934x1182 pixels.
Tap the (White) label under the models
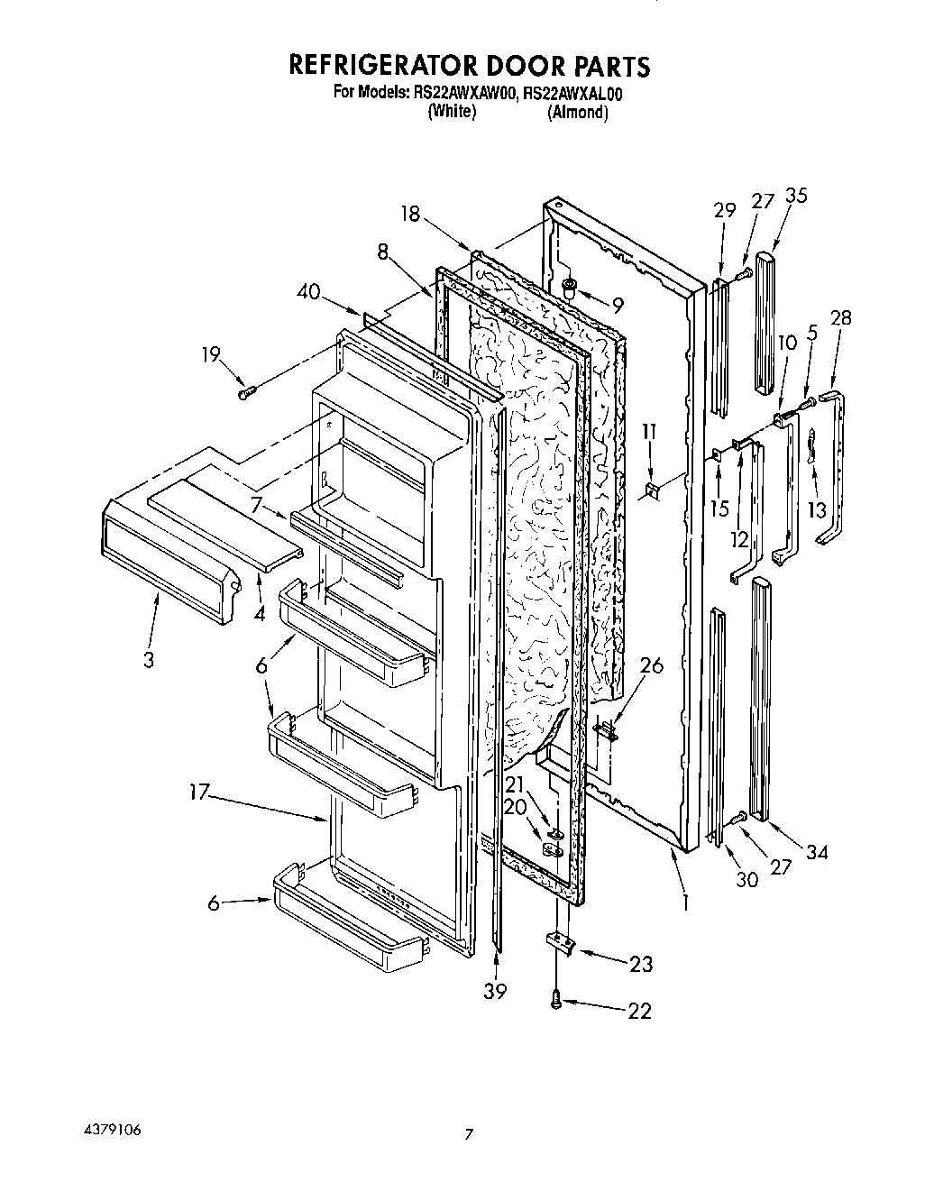[452, 112]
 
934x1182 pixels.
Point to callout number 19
[210, 354]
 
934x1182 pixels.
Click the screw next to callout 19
[247, 391]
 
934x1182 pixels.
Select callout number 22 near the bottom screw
[638, 1011]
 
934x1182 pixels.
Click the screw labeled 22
[556, 998]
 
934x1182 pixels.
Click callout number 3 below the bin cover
[148, 660]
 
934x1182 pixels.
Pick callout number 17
[200, 793]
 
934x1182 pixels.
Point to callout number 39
[495, 991]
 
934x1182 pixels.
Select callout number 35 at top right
[796, 197]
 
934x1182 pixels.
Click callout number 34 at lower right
[816, 851]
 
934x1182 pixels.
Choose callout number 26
[651, 666]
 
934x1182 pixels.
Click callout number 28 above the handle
[842, 317]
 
